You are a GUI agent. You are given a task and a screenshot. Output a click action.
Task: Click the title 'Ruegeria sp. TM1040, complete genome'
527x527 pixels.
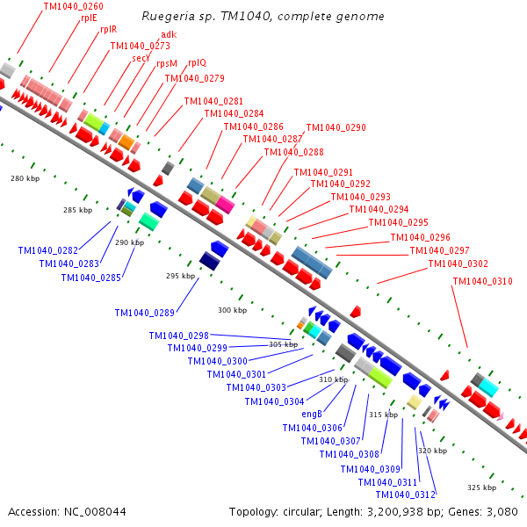[x=263, y=17]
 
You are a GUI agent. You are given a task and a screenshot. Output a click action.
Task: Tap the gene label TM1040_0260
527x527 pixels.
[x=73, y=6]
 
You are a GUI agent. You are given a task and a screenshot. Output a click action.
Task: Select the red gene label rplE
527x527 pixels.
[x=89, y=17]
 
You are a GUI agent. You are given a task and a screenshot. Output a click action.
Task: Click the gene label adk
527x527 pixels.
[x=169, y=35]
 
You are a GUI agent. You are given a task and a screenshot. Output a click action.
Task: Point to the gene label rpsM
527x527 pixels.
[x=167, y=63]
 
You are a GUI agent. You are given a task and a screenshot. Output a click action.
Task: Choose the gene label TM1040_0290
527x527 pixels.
[x=336, y=128]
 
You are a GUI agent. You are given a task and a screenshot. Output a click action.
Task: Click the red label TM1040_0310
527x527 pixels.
[x=482, y=282]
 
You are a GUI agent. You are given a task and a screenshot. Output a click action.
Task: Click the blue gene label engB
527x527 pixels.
[x=313, y=414]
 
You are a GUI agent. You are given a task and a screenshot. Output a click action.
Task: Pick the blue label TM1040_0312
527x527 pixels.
[x=406, y=495]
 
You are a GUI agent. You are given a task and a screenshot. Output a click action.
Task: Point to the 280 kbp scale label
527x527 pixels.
[x=25, y=178]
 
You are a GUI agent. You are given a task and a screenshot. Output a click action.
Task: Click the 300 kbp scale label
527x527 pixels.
[x=232, y=311]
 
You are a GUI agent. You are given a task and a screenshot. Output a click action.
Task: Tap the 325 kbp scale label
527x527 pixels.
[x=481, y=487]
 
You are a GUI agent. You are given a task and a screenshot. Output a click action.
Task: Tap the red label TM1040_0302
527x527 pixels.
[x=458, y=264]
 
